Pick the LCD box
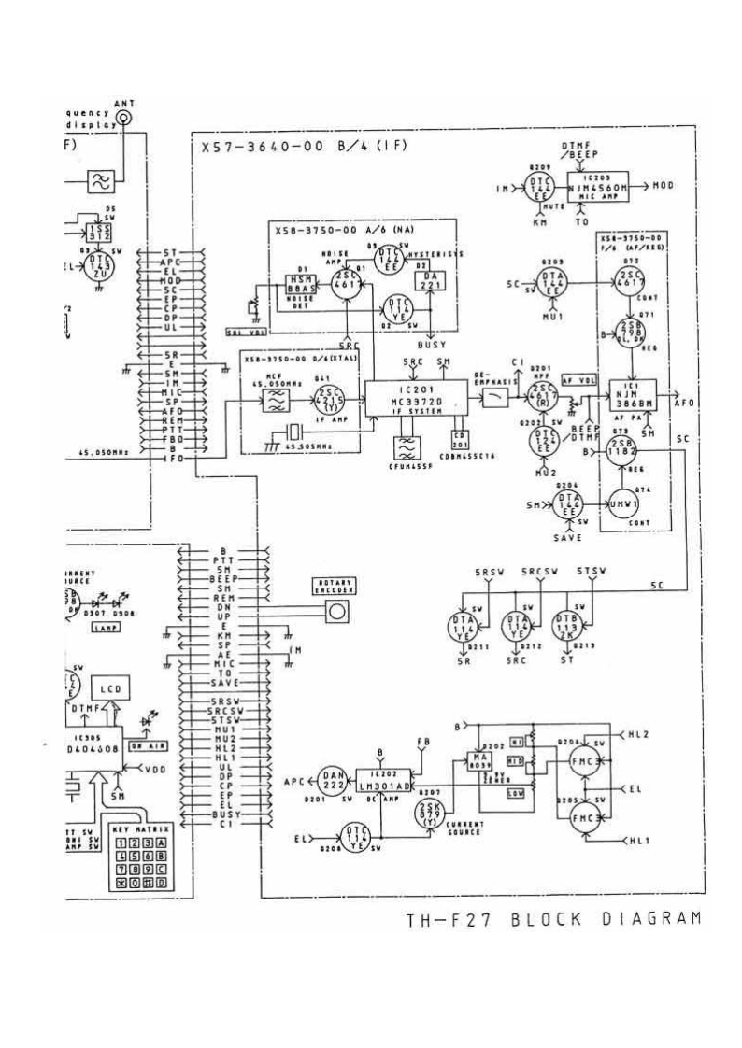click(x=105, y=689)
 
